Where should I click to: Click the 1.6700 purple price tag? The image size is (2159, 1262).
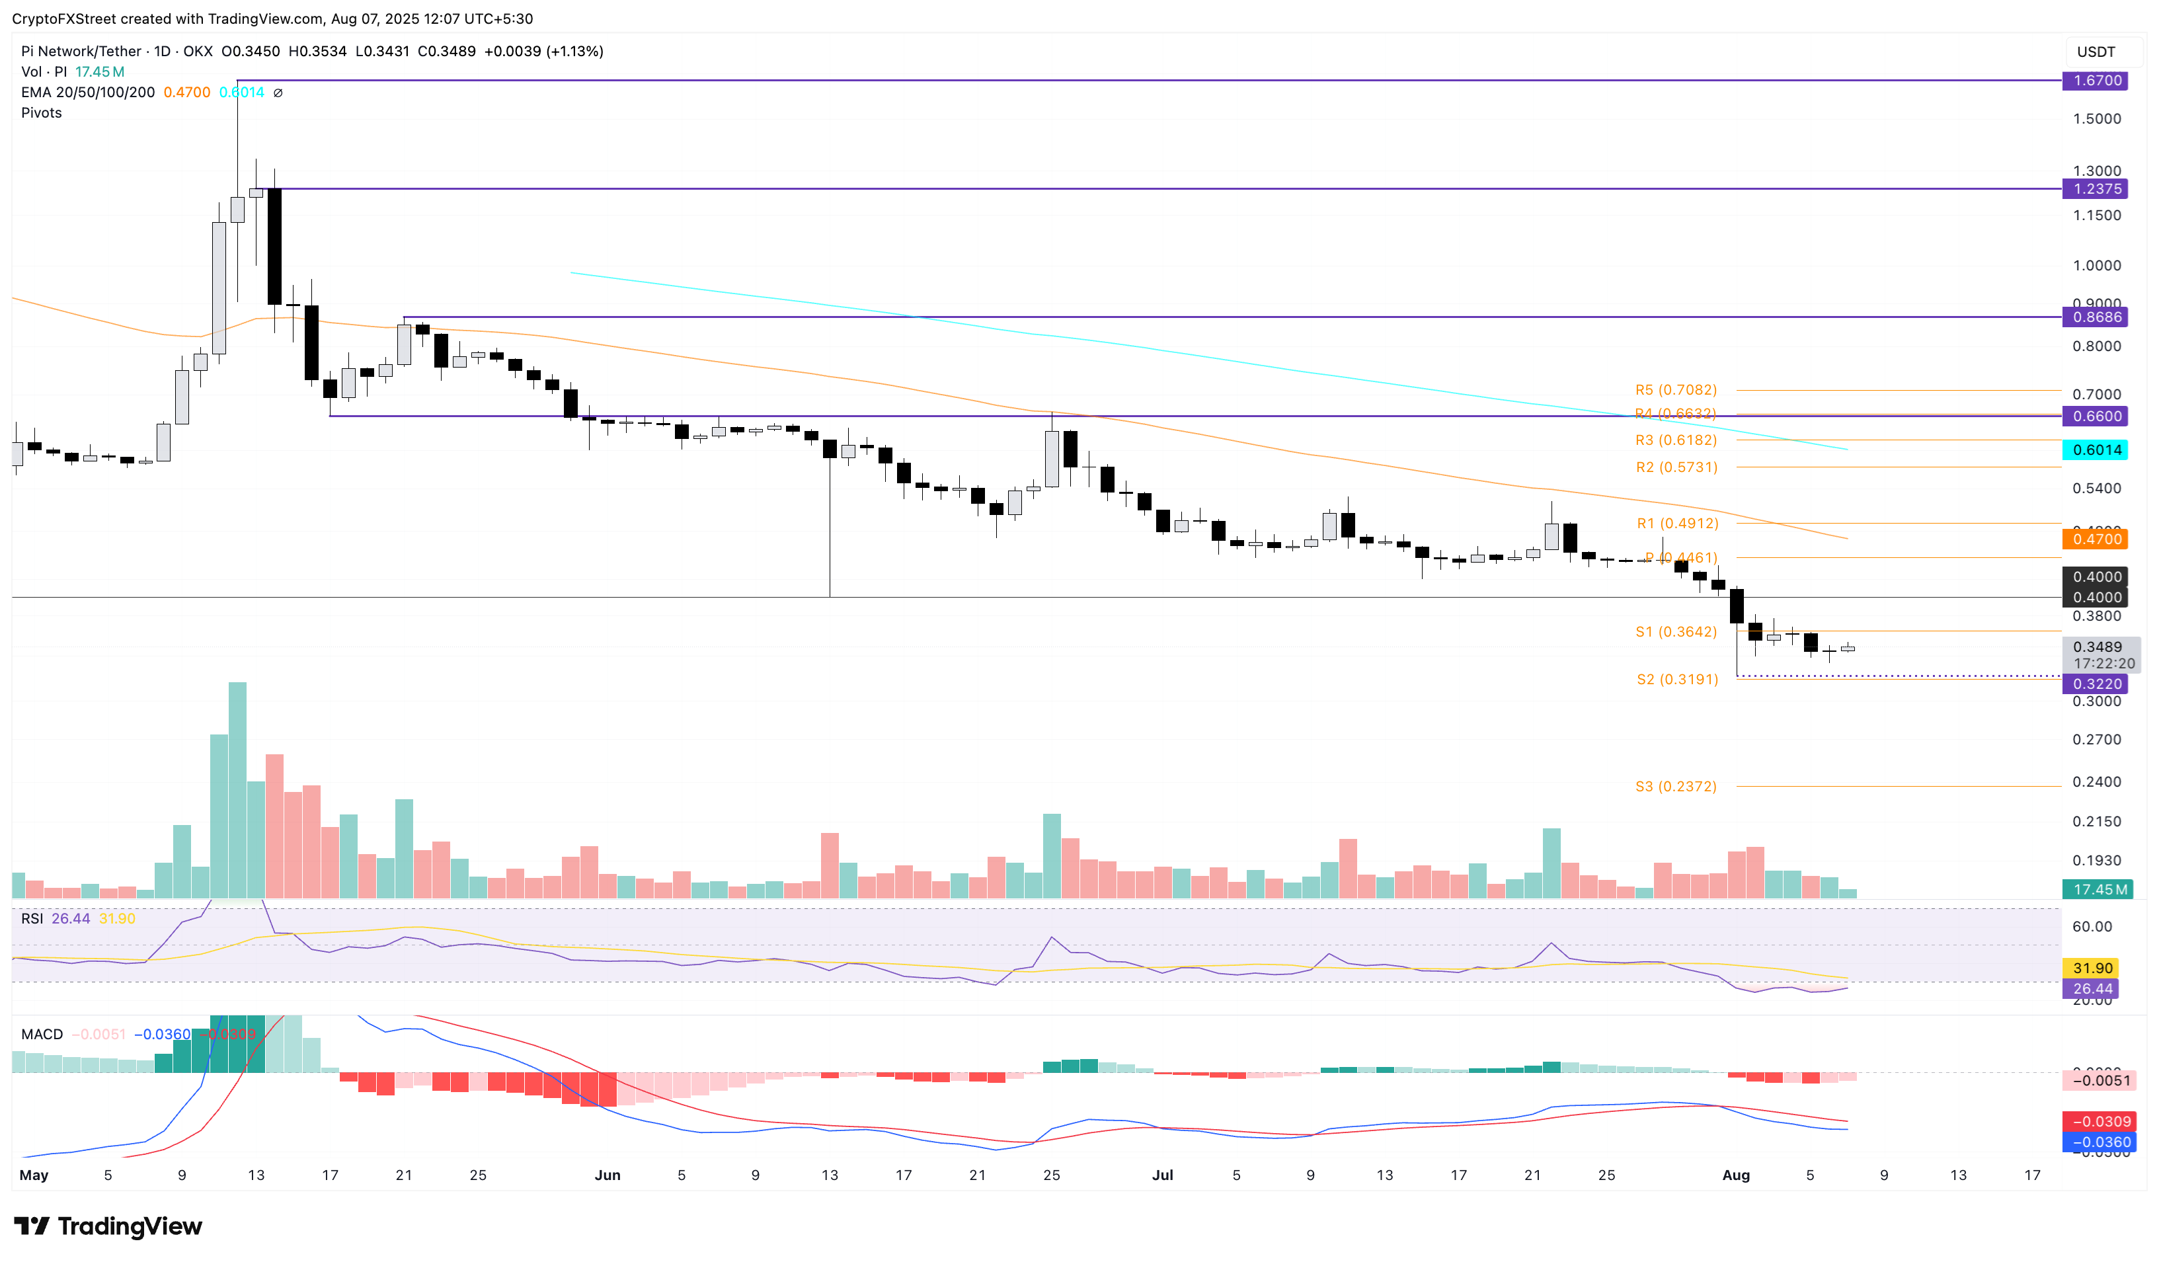pyautogui.click(x=2096, y=81)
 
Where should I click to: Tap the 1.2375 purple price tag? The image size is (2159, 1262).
pyautogui.click(x=2096, y=188)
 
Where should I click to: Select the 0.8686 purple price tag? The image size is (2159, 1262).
pyautogui.click(x=2096, y=317)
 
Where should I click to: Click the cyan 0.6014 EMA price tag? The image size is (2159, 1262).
pyautogui.click(x=2096, y=450)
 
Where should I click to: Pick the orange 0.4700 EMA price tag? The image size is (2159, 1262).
pyautogui.click(x=2096, y=539)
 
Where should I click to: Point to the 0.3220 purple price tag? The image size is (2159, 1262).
pyautogui.click(x=2096, y=684)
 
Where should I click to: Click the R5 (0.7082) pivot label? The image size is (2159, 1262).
pyautogui.click(x=1676, y=390)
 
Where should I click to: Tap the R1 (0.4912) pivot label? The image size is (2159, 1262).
pyautogui.click(x=1676, y=524)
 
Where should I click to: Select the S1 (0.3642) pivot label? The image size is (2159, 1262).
pyautogui.click(x=1676, y=631)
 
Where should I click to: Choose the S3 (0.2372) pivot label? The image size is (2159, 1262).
pyautogui.click(x=1676, y=787)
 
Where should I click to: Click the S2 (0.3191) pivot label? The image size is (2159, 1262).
pyautogui.click(x=1676, y=680)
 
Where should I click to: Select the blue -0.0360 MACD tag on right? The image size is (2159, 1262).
pyautogui.click(x=2096, y=1142)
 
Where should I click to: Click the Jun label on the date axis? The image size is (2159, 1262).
pyautogui.click(x=608, y=1175)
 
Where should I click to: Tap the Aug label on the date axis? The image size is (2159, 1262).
pyautogui.click(x=1736, y=1175)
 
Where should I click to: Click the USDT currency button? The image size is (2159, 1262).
pyautogui.click(x=2096, y=52)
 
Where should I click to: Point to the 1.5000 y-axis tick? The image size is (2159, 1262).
pyautogui.click(x=2096, y=119)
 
